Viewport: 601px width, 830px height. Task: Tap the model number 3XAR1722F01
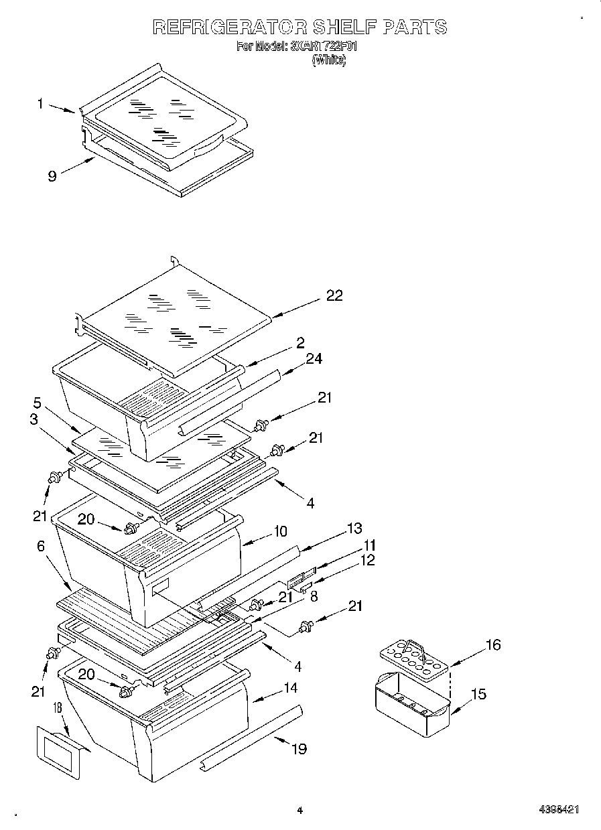tap(324, 47)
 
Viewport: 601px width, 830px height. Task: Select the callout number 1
tap(41, 104)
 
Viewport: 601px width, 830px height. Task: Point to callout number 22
tap(333, 295)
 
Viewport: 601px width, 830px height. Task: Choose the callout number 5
tap(38, 403)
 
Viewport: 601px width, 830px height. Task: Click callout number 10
tap(279, 531)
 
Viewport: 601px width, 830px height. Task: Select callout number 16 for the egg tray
tap(492, 644)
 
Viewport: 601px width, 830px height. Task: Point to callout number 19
tap(297, 748)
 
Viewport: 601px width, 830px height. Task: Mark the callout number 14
tap(290, 687)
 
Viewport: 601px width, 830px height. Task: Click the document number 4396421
tap(559, 809)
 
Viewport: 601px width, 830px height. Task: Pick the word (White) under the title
tap(328, 60)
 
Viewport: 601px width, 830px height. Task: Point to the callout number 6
tap(41, 547)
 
